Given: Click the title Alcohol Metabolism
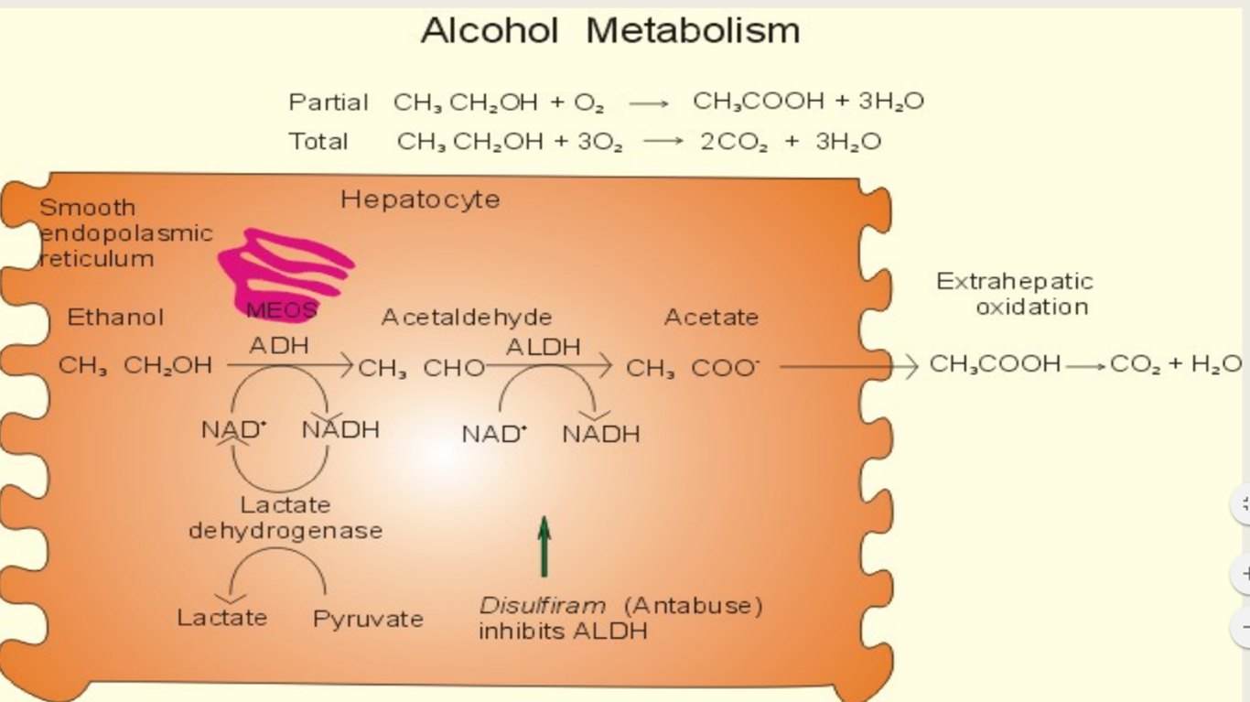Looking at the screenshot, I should pos(610,31).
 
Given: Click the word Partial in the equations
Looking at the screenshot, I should pos(329,102).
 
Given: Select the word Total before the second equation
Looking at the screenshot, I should pos(318,142).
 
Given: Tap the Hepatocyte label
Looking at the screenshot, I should pos(420,200).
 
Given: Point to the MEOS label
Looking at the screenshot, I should pos(281,310).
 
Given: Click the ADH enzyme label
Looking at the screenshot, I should pos(279,346).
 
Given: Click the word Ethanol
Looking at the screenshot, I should pos(115,318).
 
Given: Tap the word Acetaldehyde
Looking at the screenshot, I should pos(467,318).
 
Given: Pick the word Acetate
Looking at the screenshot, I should pos(711,318).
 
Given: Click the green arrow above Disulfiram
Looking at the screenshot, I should pos(544,546).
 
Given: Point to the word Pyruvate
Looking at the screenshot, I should pos(368,620).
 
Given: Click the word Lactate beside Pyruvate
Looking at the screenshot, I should pos(222,618).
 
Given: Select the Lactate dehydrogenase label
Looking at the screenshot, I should pos(286,518).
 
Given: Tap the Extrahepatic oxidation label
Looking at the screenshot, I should pos(1015,294).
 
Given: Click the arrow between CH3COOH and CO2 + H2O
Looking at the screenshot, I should pos(1085,366).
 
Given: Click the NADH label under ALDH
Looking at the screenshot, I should pos(601,434).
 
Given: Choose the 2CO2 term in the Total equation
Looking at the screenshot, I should pos(735,142).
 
